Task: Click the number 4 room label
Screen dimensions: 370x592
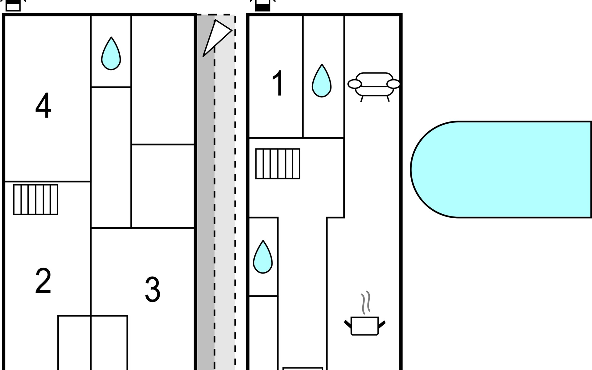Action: (x=43, y=105)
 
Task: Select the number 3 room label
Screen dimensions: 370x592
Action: (x=153, y=289)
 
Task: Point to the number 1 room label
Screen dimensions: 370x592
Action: (x=278, y=83)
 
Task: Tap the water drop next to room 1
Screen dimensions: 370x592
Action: (x=322, y=82)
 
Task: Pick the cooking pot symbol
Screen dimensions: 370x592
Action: (x=364, y=326)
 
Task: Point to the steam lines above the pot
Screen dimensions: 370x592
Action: (x=366, y=302)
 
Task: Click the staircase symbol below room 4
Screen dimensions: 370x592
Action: (x=36, y=199)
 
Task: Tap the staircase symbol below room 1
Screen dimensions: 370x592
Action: (x=278, y=164)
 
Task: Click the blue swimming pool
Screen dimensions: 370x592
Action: (x=506, y=170)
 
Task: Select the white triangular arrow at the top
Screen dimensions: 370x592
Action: (x=217, y=37)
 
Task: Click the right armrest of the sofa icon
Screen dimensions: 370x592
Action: (x=393, y=84)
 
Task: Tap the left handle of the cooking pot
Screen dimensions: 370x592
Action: (x=348, y=324)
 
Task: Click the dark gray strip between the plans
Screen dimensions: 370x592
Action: (x=206, y=200)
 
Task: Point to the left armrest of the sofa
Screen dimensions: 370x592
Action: (x=355, y=84)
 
